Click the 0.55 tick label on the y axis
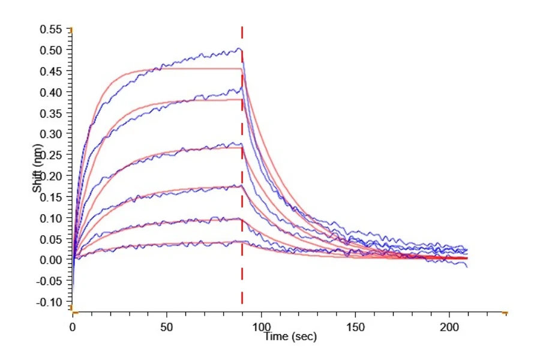tap(51, 29)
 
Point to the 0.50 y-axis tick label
tap(51, 50)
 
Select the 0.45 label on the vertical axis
tap(51, 71)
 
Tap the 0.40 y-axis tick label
tap(51, 92)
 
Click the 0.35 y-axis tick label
tap(51, 113)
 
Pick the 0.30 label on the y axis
tap(51, 134)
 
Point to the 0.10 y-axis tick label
tap(51, 218)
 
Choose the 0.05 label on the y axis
tap(51, 239)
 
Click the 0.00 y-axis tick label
tap(51, 260)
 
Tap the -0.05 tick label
tap(49, 281)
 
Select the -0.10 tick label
tap(49, 302)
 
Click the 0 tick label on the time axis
tap(73, 327)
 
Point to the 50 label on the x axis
tap(167, 327)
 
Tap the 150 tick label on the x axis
tap(355, 327)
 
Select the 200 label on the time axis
tap(449, 327)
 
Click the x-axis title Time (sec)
tap(290, 336)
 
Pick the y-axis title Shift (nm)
tap(37, 168)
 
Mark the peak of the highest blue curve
tap(239, 49)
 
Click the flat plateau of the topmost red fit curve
tap(196, 69)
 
